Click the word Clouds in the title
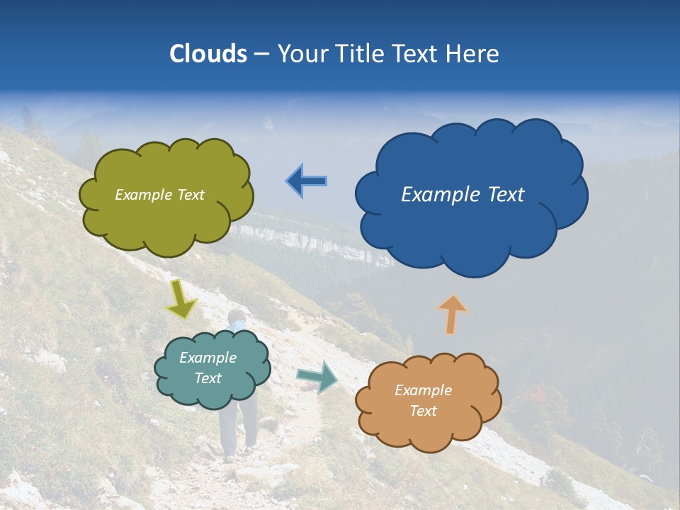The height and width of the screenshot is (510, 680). coord(208,54)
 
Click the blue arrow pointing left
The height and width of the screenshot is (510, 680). coord(306,181)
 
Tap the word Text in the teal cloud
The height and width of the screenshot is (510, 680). coord(208,378)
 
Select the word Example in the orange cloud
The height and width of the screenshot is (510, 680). coord(423,390)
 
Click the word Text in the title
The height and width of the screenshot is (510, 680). coord(419,54)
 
